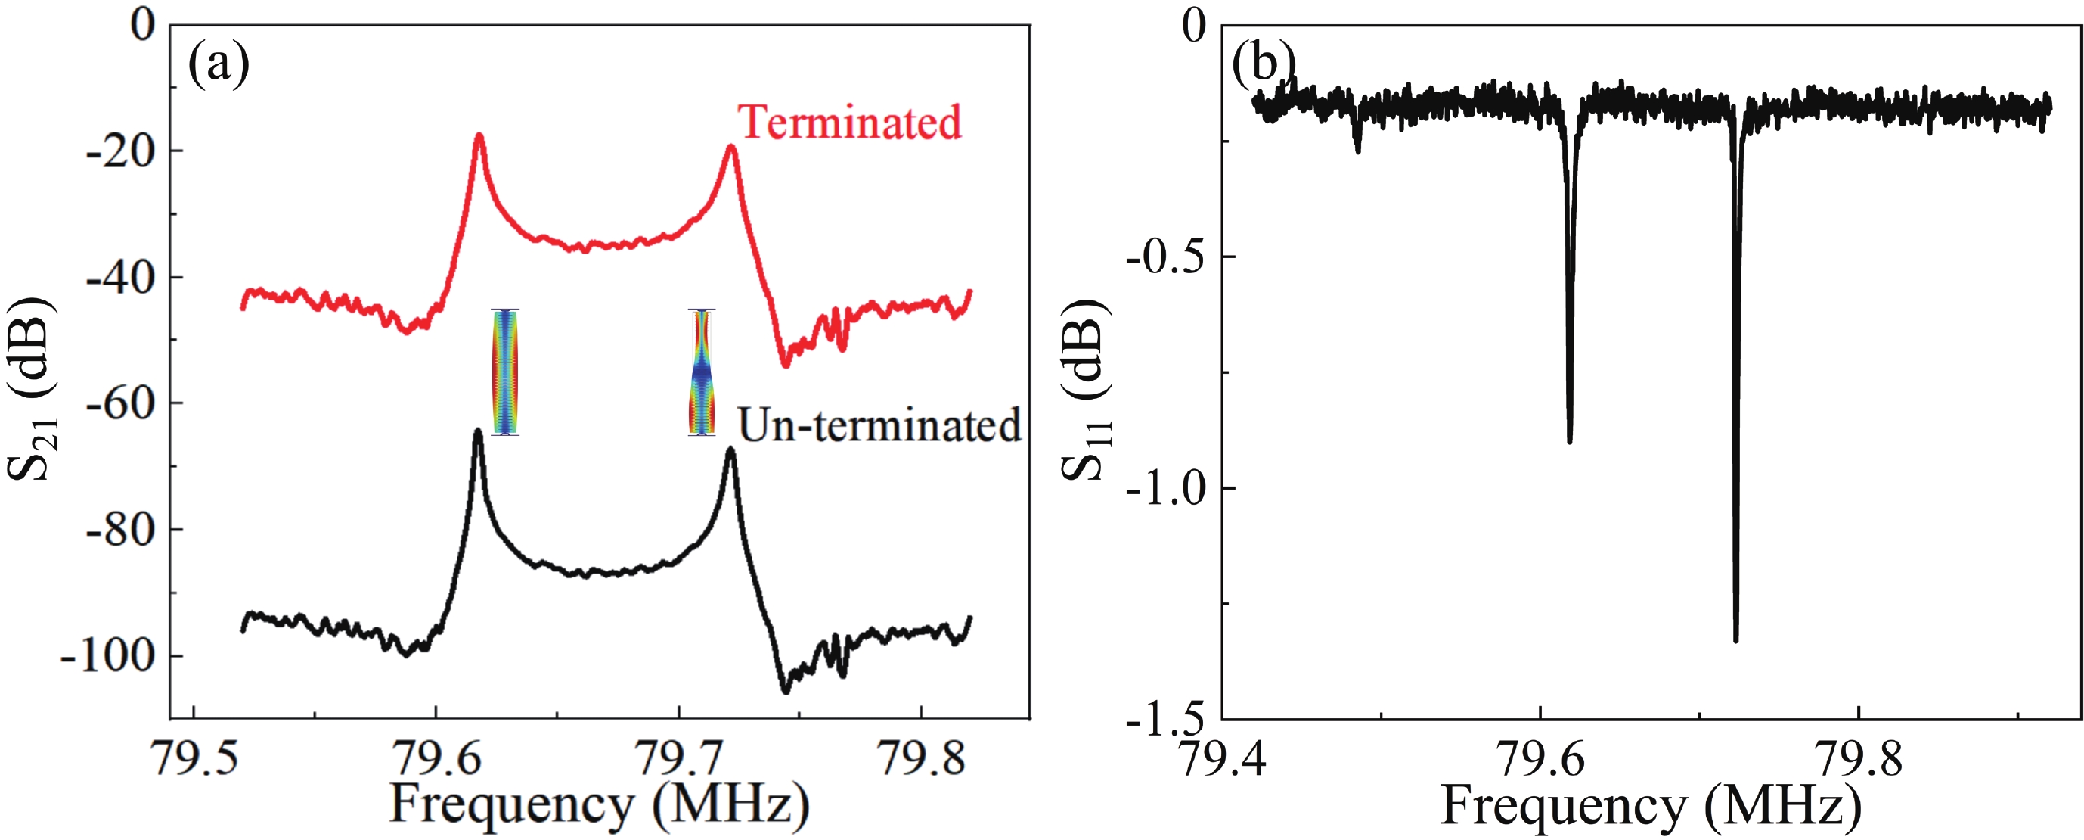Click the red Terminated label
849,123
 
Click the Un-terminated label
879,425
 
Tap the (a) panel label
219,65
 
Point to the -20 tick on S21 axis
120,151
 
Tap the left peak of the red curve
479,135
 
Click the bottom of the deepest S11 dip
1735,639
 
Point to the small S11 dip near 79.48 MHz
1357,150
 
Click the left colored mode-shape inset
506,372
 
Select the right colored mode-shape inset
702,372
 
